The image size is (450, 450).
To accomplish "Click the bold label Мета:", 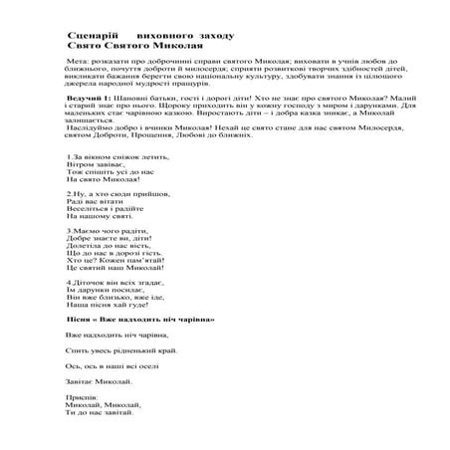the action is pyautogui.click(x=78, y=62).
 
